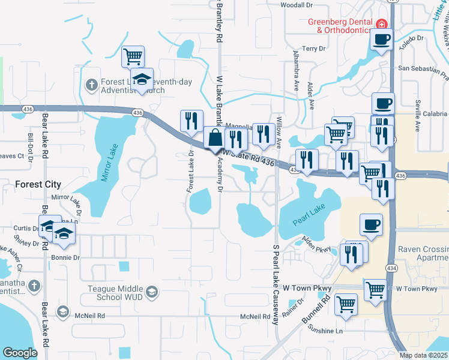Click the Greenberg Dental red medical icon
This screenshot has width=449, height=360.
pos(381,24)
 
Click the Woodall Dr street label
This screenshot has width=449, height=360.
pos(297,5)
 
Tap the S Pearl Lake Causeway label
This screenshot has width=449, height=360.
pos(276,284)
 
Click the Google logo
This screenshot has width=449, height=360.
pos(20,353)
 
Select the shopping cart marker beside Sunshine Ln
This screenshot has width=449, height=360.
pos(346,304)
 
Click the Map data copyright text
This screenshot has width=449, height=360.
pos(423,355)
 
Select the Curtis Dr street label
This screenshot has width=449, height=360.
pos(25,228)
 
